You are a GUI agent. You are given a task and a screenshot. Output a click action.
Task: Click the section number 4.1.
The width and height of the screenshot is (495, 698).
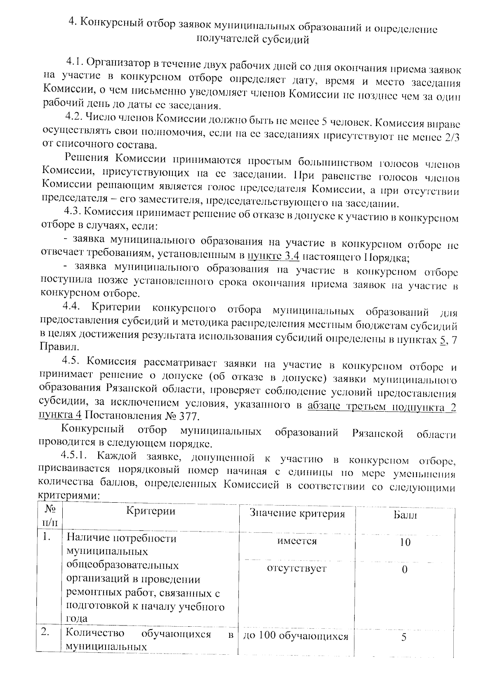pos(74,63)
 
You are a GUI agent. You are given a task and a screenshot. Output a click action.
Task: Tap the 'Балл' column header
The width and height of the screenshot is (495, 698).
pos(405,515)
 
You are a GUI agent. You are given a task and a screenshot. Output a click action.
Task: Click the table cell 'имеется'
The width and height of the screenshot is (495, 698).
pos(297,541)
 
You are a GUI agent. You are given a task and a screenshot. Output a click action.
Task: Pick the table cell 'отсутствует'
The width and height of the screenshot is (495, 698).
pos(297,569)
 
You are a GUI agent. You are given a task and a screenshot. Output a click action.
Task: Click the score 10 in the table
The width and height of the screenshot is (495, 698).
pos(405,542)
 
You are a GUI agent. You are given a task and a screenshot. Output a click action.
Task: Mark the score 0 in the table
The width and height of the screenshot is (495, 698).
pos(405,569)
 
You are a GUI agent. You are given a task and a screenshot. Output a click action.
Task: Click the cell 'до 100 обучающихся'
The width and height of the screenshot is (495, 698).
pos(296,637)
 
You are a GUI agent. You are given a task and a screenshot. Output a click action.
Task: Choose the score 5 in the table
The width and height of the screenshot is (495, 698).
pos(404,637)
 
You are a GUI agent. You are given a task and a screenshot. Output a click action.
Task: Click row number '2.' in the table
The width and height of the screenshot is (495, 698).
pos(46,633)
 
